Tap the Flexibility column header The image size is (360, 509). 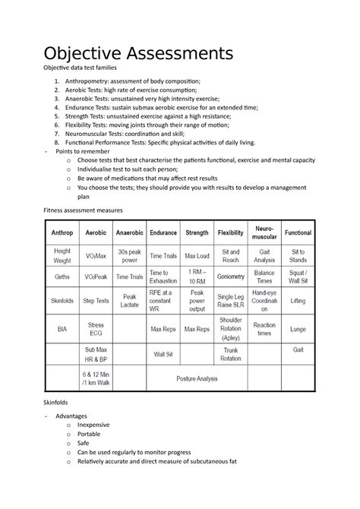pyautogui.click(x=230, y=232)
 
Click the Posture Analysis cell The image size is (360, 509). pyautogui.click(x=196, y=378)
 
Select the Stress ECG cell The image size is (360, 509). pyautogui.click(x=95, y=330)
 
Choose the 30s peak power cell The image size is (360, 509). pyautogui.click(x=129, y=255)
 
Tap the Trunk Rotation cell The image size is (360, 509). pyautogui.click(x=230, y=354)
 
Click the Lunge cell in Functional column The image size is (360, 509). pyautogui.click(x=298, y=330)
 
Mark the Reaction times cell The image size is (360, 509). pyautogui.click(x=265, y=330)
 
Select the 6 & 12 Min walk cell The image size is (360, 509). pyautogui.click(x=95, y=378)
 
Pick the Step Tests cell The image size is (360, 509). pyautogui.click(x=95, y=302)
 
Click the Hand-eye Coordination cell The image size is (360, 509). pyautogui.click(x=265, y=302)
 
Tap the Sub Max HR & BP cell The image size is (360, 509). pyautogui.click(x=95, y=354)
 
